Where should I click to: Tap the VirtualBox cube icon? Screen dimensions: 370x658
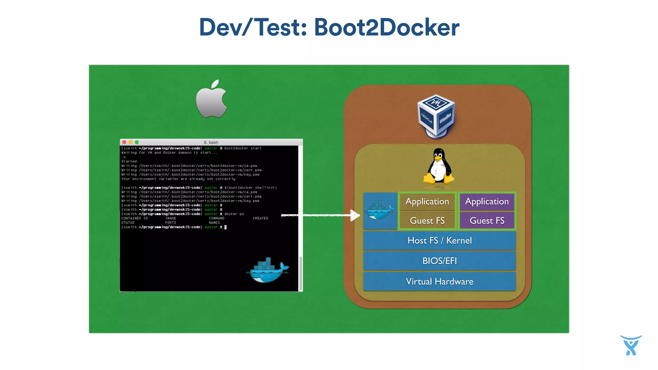[x=436, y=116]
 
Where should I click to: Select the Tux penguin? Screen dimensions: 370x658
[x=439, y=166]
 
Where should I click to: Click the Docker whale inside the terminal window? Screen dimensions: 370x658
[x=268, y=270]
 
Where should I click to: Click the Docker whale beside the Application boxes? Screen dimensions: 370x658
[x=380, y=211]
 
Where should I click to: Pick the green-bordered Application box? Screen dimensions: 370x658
[x=427, y=201]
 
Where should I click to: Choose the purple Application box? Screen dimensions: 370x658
[x=487, y=201]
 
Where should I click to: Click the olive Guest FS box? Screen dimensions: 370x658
[x=427, y=221]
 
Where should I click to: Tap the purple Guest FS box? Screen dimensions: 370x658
[x=487, y=221]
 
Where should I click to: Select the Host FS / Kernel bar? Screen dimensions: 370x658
[x=439, y=241]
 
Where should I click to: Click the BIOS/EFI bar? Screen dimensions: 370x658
[x=439, y=261]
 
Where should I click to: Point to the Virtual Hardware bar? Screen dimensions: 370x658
[x=439, y=282]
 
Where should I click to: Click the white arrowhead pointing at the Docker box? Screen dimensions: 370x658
[x=355, y=215]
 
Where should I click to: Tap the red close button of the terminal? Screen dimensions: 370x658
[x=124, y=142]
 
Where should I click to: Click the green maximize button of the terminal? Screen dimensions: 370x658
[x=137, y=142]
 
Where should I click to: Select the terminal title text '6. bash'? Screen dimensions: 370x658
[x=211, y=142]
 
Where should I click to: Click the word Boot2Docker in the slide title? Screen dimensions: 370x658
[x=387, y=27]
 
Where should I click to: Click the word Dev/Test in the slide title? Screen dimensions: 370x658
[x=253, y=27]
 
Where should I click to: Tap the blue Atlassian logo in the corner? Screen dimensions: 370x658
[x=631, y=345]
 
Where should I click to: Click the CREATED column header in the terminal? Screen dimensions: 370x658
[x=260, y=218]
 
